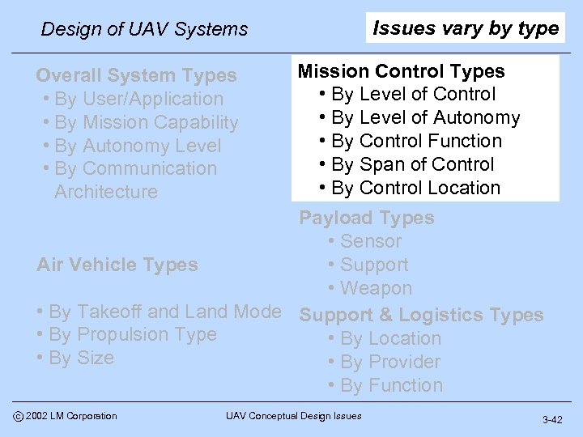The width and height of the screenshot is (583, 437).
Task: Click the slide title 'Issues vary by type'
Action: [466, 28]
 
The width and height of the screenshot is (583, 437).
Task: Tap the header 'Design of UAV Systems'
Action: [144, 29]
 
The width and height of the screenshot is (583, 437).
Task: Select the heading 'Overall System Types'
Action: [136, 75]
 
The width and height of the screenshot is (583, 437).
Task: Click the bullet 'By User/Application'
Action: [138, 99]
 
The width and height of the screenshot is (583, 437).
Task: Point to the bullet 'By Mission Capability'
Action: [146, 122]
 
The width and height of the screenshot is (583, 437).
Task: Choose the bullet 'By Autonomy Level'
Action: [137, 146]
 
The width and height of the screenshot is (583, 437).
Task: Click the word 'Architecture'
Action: [106, 192]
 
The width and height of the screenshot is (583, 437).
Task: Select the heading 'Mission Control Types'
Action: [401, 71]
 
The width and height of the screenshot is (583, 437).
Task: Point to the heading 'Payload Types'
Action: [367, 218]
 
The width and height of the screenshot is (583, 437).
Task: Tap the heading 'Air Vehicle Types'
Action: [117, 265]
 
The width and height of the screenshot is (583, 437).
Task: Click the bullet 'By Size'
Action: [81, 358]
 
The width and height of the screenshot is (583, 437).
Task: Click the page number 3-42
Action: [553, 420]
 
